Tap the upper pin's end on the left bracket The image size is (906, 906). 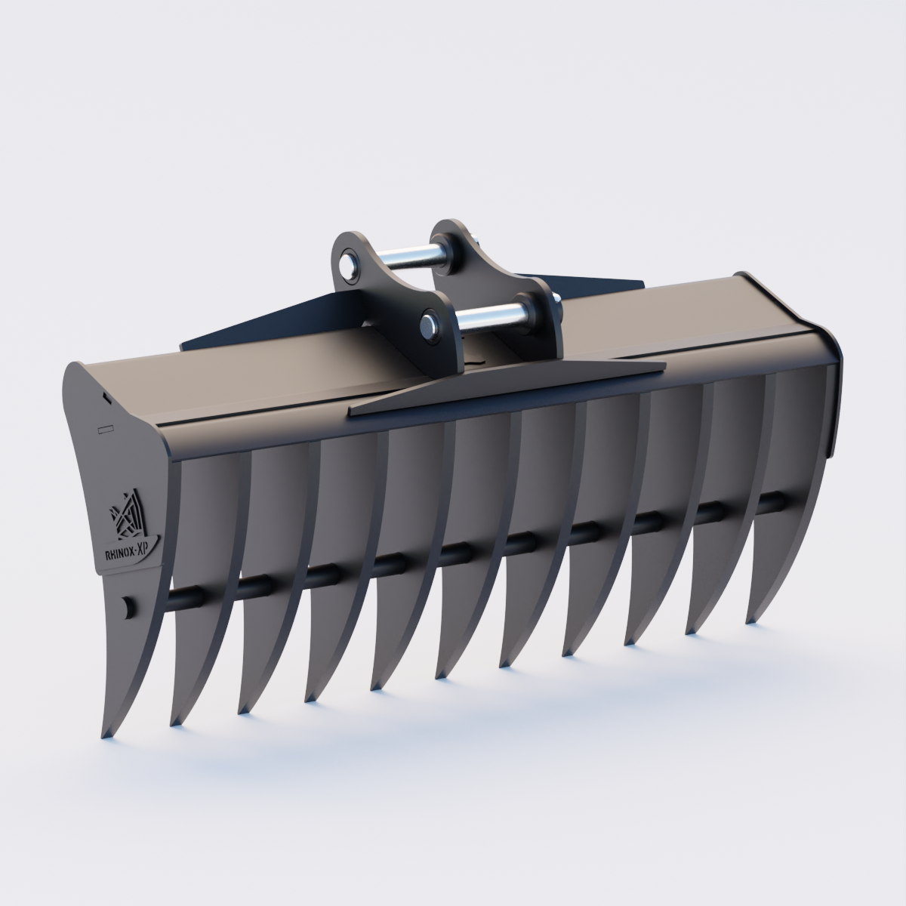348,266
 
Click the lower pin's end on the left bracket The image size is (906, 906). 428,325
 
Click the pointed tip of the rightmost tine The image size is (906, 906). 751,620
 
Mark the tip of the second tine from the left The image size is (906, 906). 175,721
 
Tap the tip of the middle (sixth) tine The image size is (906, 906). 439,673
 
